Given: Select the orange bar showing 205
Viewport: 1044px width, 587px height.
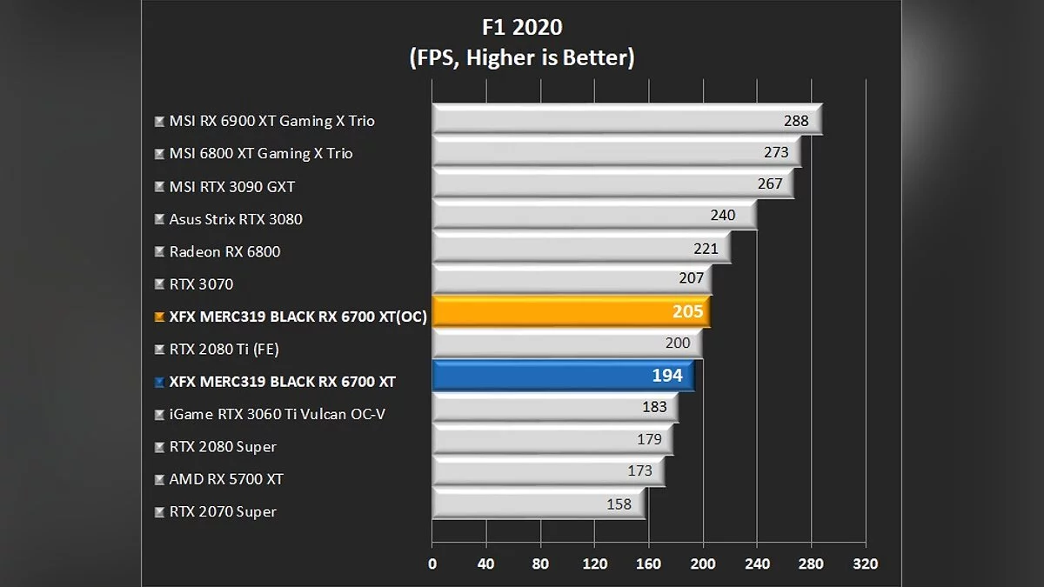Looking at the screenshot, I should coord(570,312).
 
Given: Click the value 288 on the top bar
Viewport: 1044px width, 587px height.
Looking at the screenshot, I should coord(796,121).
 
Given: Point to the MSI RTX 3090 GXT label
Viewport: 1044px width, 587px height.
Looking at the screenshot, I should coord(232,186).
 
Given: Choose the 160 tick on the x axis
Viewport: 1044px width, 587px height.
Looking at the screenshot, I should coord(649,564).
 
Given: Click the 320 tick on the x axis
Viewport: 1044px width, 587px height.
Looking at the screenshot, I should coord(866,564).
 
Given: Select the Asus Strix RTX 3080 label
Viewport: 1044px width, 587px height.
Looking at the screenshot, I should coord(236,219).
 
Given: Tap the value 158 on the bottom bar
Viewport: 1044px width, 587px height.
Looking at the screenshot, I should coord(619,504).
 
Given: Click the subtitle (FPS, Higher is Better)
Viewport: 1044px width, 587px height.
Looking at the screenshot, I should coord(521,58).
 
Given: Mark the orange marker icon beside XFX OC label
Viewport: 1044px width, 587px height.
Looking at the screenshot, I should coord(158,317).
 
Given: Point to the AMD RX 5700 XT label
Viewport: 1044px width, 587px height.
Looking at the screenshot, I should coord(226,479).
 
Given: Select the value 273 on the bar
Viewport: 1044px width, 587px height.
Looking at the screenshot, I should coord(776,153).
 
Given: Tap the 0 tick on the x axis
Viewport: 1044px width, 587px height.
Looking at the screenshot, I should coord(432,564).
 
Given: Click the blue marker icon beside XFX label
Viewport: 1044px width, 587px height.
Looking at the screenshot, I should coord(158,383).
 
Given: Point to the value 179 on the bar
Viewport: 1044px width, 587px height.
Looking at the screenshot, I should coord(649,439).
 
